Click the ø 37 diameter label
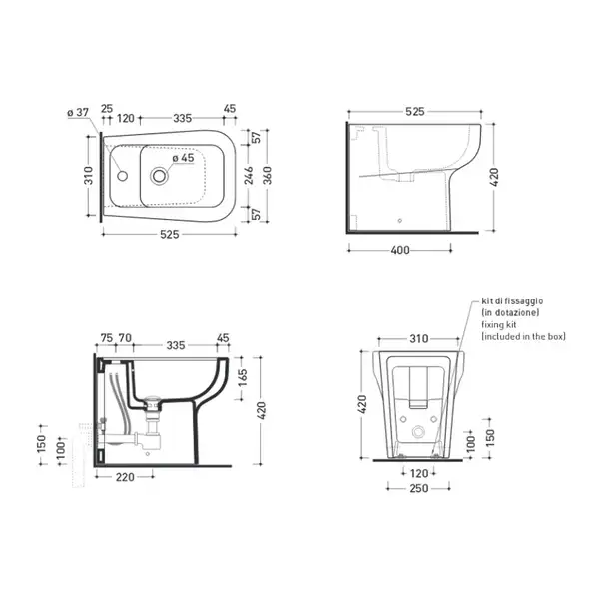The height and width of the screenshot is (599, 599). (x=78, y=112)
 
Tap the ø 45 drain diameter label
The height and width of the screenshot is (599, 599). (x=183, y=158)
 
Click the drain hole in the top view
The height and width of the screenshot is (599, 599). (x=159, y=176)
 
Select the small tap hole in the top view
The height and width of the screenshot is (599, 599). (x=122, y=176)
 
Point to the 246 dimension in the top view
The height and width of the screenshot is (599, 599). (x=249, y=175)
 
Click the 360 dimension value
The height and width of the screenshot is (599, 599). (x=268, y=176)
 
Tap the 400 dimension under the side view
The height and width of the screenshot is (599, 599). (x=400, y=250)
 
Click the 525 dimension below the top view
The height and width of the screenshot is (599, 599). (x=170, y=234)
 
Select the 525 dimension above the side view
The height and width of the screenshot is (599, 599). (x=415, y=111)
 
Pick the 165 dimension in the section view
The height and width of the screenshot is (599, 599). (x=243, y=378)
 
